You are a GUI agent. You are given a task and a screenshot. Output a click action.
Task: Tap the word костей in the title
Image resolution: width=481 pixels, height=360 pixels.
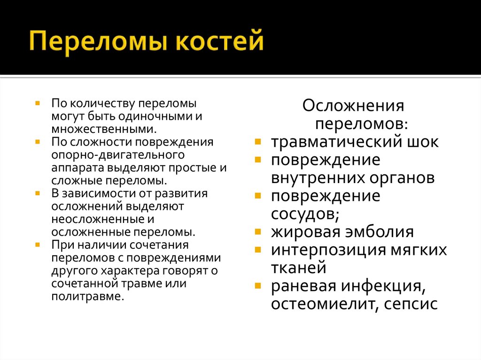[x=219, y=43]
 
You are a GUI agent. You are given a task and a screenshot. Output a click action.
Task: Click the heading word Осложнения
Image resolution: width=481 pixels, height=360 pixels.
[x=353, y=105]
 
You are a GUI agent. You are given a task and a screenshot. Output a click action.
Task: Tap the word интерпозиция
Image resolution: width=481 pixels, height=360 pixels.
[x=329, y=250]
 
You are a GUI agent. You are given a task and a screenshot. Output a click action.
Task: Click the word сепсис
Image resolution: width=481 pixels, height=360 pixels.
[x=411, y=304]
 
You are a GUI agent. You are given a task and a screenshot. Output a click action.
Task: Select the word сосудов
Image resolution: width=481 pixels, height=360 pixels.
[x=303, y=214]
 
